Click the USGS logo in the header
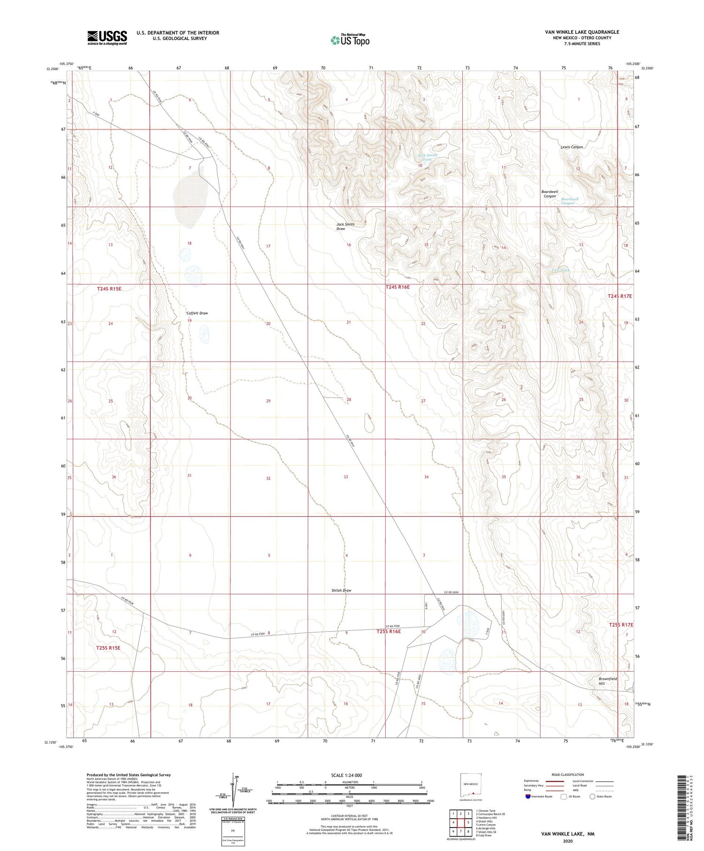107,38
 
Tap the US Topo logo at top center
350,40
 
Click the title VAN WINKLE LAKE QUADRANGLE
582,32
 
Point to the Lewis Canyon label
572,147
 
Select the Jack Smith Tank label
427,157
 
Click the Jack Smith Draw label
345,226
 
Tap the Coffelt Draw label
197,313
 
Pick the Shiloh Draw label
341,590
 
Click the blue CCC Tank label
560,270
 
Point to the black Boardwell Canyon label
550,194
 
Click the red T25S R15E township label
108,648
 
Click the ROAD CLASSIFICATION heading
567,774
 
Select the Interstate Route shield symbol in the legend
528,797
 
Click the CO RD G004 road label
454,592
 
